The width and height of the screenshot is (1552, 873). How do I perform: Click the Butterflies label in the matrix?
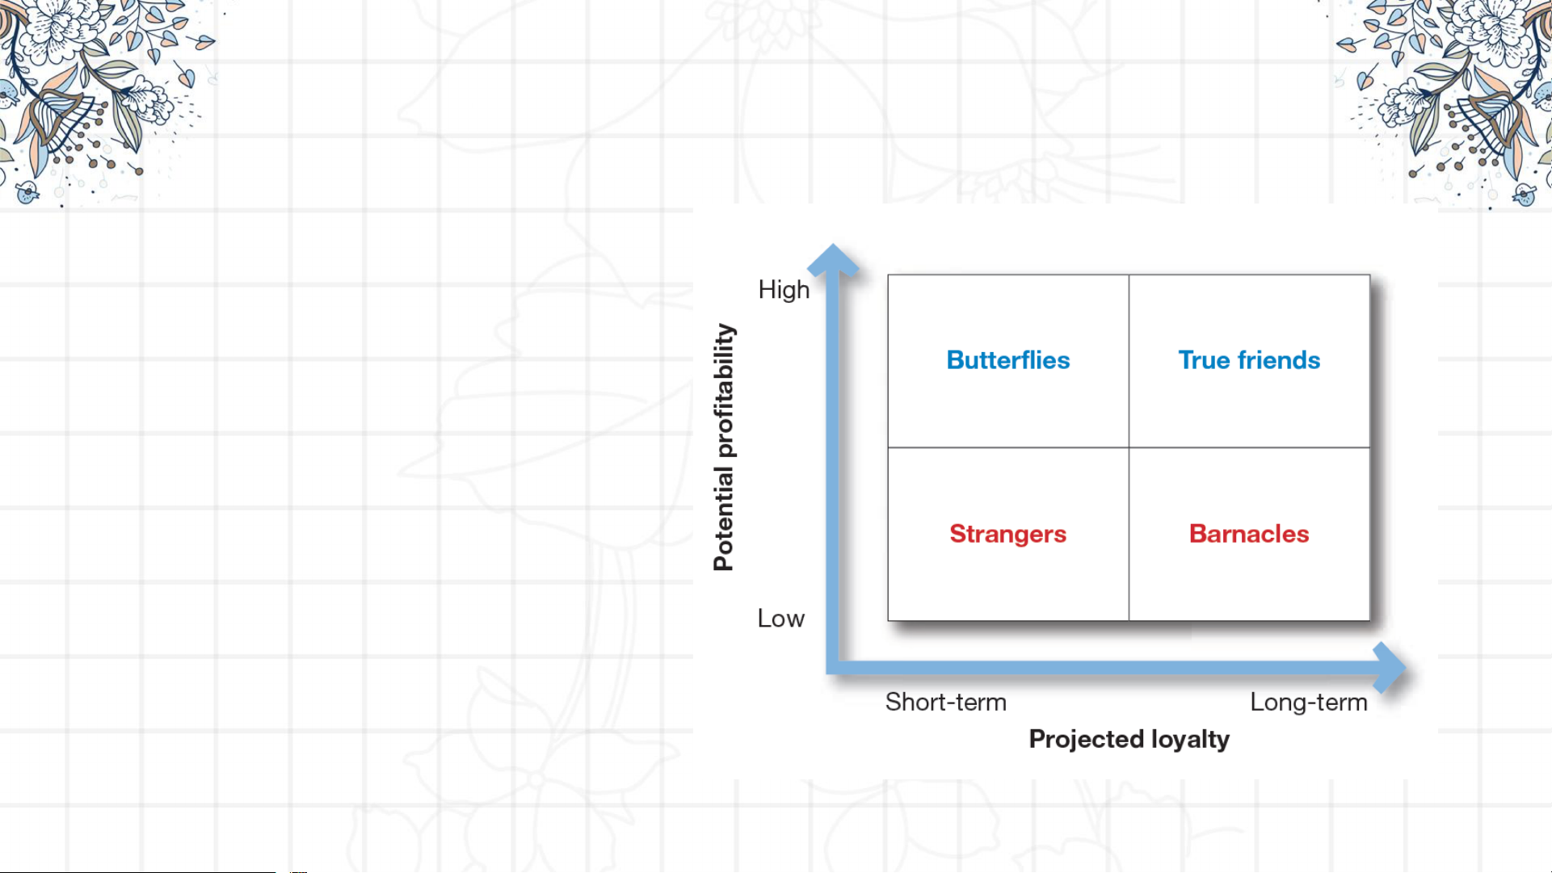click(x=1007, y=360)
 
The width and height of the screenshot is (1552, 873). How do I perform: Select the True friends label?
click(x=1249, y=360)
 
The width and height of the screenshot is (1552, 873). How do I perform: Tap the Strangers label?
click(x=1007, y=534)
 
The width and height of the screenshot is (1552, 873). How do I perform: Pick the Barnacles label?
click(x=1248, y=534)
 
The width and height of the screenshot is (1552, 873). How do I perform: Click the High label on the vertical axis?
click(x=783, y=290)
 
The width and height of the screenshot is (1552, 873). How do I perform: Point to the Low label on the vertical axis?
click(x=780, y=619)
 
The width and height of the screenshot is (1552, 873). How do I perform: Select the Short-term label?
click(x=945, y=703)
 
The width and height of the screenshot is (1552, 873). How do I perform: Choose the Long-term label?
click(x=1308, y=703)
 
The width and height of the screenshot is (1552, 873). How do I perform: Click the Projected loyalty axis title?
click(x=1129, y=740)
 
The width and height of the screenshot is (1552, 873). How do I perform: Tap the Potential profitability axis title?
click(x=724, y=447)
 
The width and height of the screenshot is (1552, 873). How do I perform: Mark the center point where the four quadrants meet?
click(x=1129, y=447)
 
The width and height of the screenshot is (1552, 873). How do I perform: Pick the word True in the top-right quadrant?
click(x=1204, y=360)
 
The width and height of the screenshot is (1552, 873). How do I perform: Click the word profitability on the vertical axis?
click(x=724, y=391)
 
